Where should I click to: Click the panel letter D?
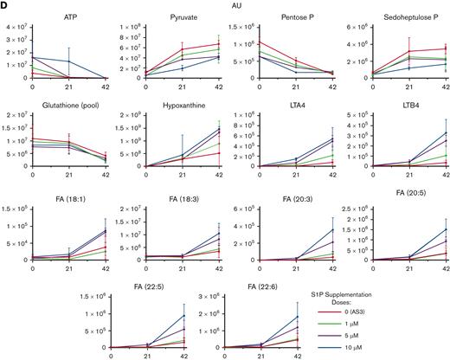point(5,6)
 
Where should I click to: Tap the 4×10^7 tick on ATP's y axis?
point(15,26)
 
